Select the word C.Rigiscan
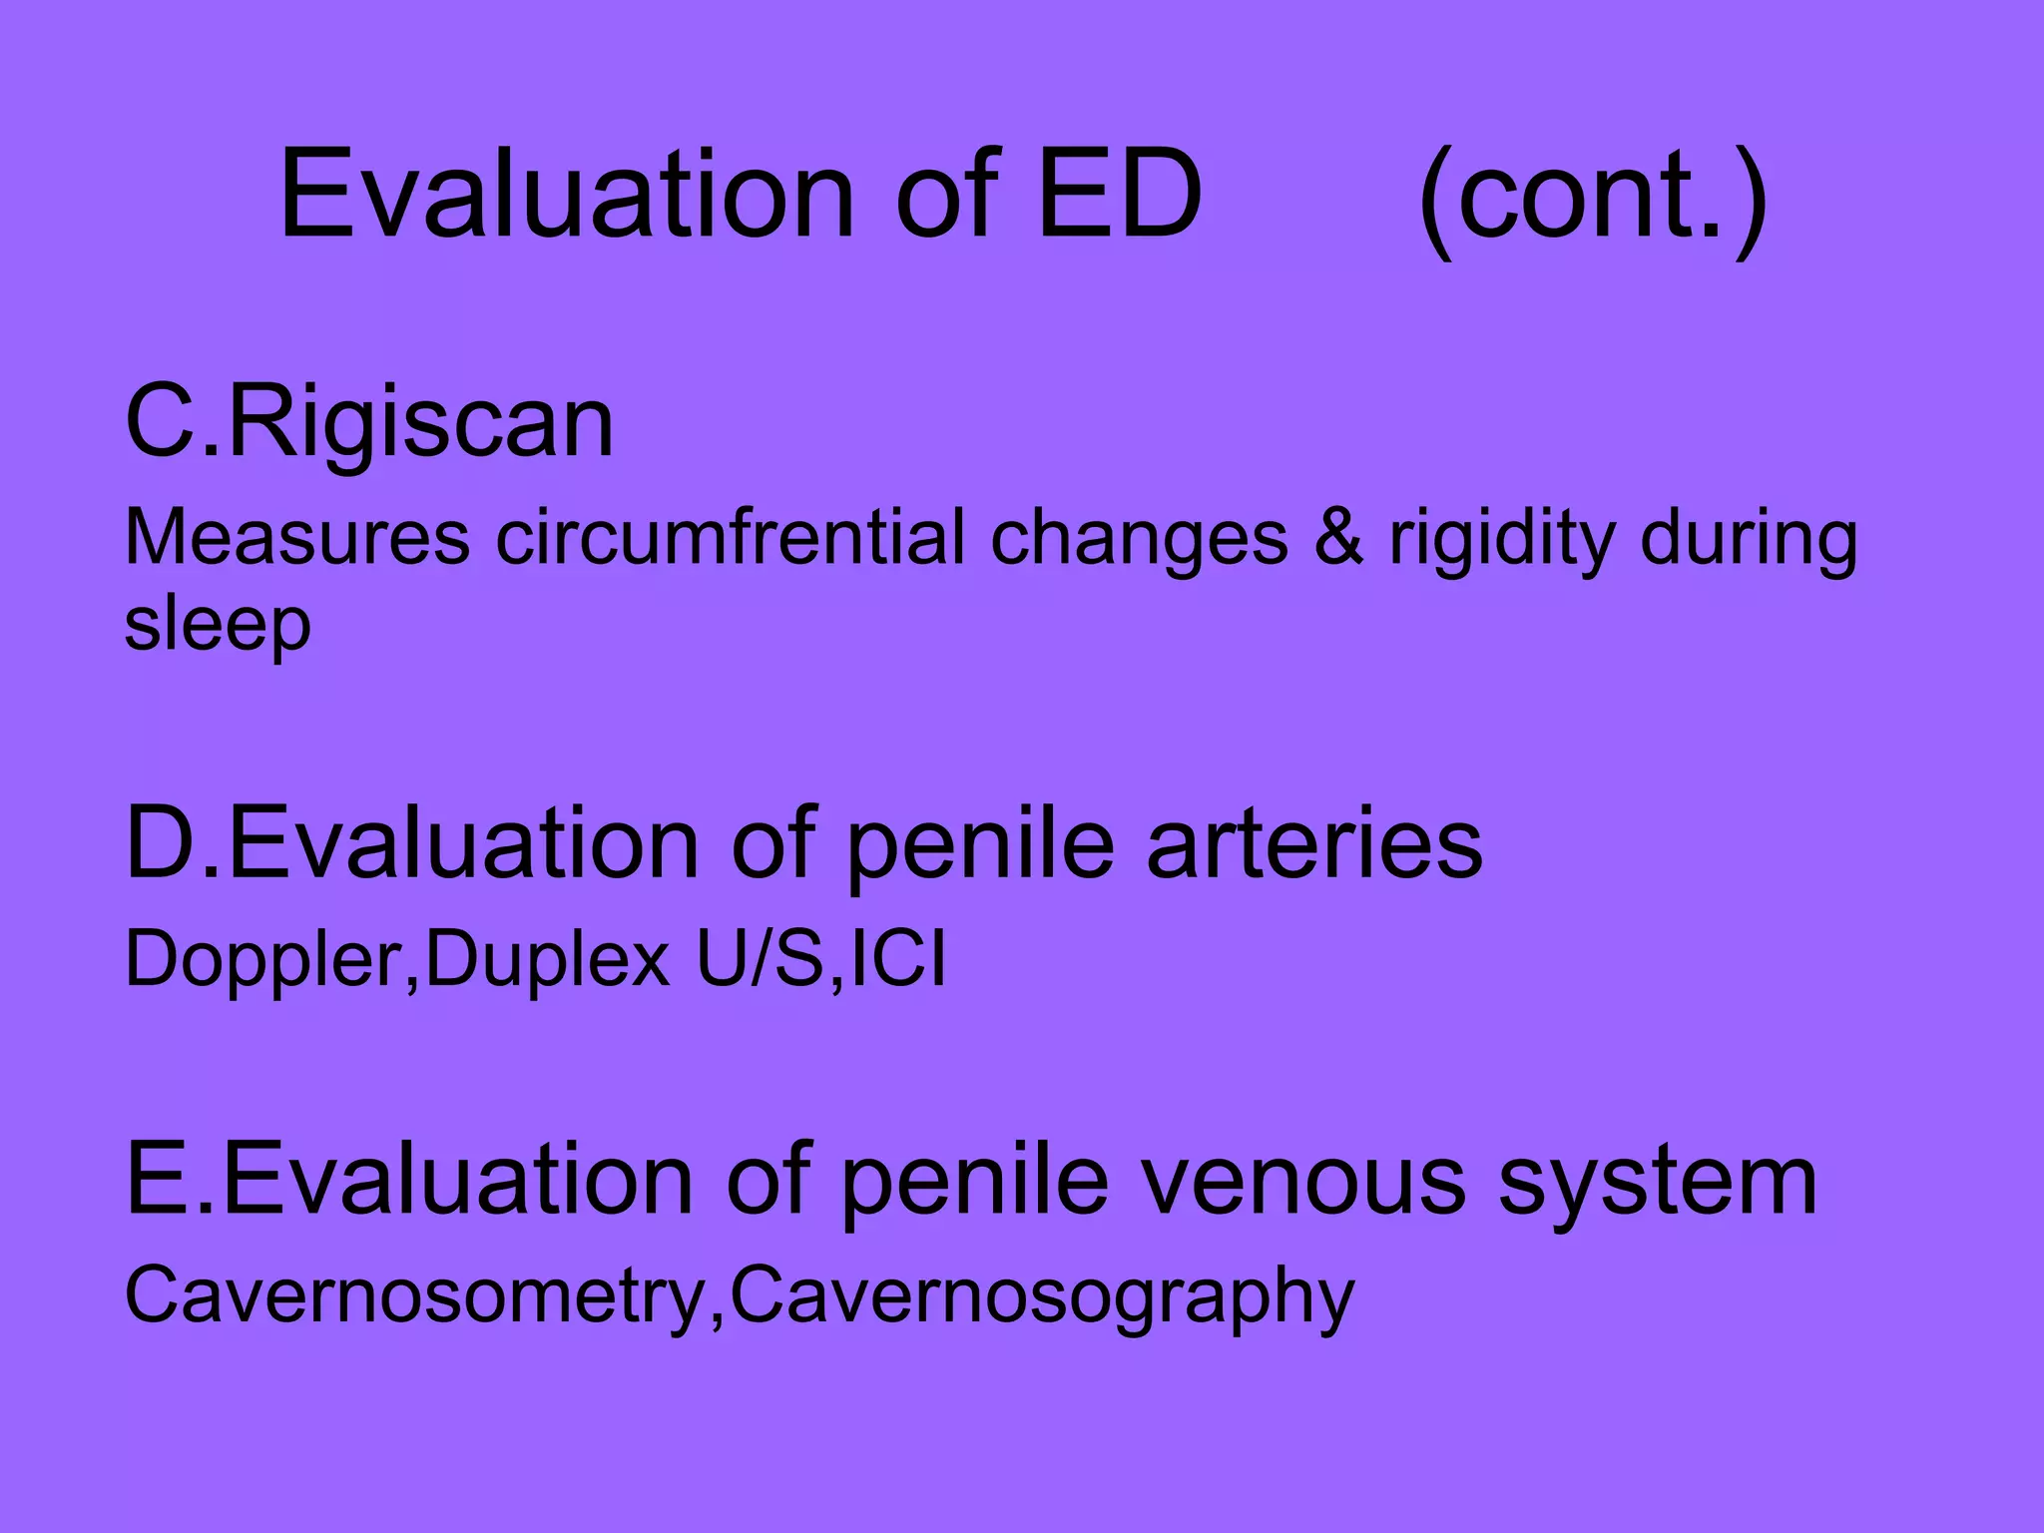(x=369, y=423)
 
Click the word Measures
(x=297, y=539)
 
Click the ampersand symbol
(x=1337, y=539)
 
